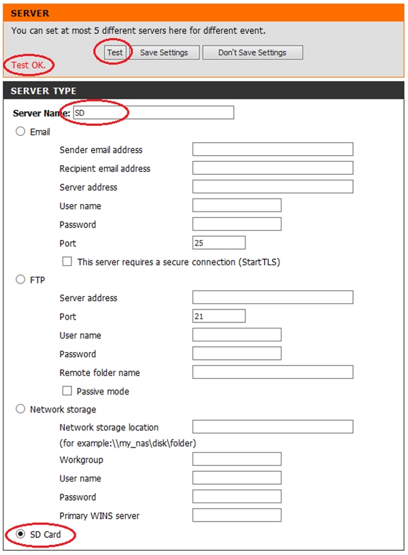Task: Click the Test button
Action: coord(115,52)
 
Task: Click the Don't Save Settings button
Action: coord(252,52)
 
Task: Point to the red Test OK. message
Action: coord(29,65)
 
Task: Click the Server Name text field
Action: coord(152,113)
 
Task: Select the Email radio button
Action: coord(20,132)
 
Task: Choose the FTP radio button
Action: coord(20,279)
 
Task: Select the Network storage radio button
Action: coord(20,409)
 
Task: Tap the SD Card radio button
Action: coord(20,535)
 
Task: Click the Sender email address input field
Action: coord(273,150)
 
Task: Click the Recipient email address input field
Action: coord(273,168)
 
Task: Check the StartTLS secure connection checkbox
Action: coord(67,261)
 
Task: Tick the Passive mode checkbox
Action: coord(67,391)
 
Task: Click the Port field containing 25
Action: coord(219,243)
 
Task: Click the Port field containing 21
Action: coord(219,316)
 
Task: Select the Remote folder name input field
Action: coord(273,372)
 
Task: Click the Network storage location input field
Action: coord(273,427)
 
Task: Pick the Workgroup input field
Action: coord(237,459)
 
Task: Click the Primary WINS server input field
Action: coord(237,515)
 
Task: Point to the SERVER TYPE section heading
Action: coord(44,91)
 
